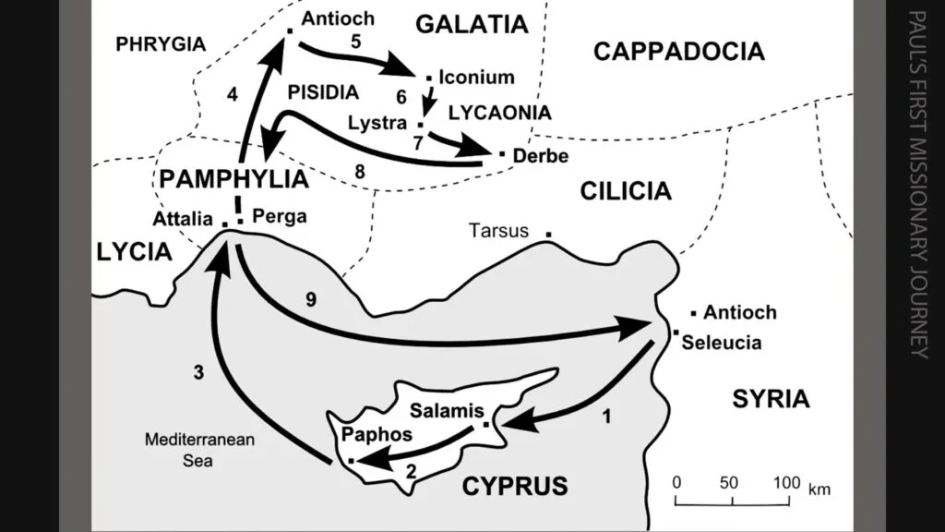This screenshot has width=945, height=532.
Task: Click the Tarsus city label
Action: (498, 230)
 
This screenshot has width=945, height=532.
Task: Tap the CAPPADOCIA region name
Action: (679, 52)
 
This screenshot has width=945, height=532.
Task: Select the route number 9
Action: (311, 299)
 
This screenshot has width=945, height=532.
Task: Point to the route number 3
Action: (198, 373)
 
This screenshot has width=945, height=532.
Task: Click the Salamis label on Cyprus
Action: (447, 411)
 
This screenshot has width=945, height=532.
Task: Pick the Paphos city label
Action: (377, 434)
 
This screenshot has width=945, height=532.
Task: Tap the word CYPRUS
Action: (515, 486)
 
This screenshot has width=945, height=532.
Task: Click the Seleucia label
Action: (722, 343)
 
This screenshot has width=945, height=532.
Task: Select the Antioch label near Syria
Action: (740, 312)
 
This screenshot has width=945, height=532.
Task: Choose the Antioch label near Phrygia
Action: (338, 18)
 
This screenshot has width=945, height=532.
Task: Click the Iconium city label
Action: (477, 78)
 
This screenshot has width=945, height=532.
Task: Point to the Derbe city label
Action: (541, 155)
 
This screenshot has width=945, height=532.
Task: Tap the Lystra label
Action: (377, 123)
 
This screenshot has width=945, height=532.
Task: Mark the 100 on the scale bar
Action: (787, 482)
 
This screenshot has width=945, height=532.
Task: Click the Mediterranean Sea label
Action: (199, 450)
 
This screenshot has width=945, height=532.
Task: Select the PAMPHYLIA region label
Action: (233, 179)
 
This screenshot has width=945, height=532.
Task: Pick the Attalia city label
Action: (183, 218)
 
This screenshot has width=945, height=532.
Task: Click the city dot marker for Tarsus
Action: (548, 234)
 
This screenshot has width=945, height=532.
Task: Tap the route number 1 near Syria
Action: (607, 417)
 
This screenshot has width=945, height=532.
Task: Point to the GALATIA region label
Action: (472, 24)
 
